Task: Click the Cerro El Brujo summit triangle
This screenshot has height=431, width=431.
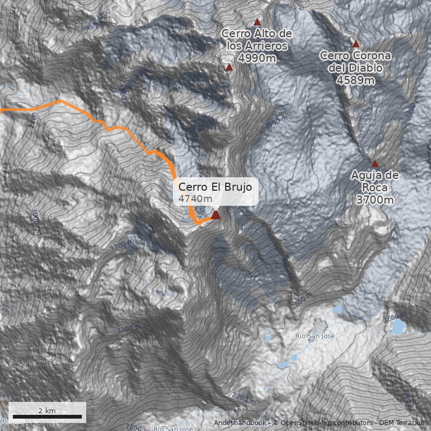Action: click(215, 215)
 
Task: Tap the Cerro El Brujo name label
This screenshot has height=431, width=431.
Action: click(215, 186)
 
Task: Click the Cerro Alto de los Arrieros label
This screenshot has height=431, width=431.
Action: click(257, 40)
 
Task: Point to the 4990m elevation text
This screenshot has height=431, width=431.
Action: click(257, 58)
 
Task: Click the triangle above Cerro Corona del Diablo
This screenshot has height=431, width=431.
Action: click(356, 44)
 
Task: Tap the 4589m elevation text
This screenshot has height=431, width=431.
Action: click(356, 80)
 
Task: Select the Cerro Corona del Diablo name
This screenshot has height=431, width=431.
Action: click(356, 62)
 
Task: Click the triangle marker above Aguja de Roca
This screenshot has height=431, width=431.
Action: click(375, 164)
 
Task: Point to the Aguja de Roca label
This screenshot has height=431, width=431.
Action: click(375, 182)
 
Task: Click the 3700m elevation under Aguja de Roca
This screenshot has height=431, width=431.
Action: click(375, 200)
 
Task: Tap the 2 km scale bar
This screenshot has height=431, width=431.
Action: click(47, 416)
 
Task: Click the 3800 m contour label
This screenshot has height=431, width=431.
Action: click(106, 12)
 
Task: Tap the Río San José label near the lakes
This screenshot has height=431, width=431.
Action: click(315, 336)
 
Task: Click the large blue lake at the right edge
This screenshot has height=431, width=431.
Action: click(398, 326)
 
